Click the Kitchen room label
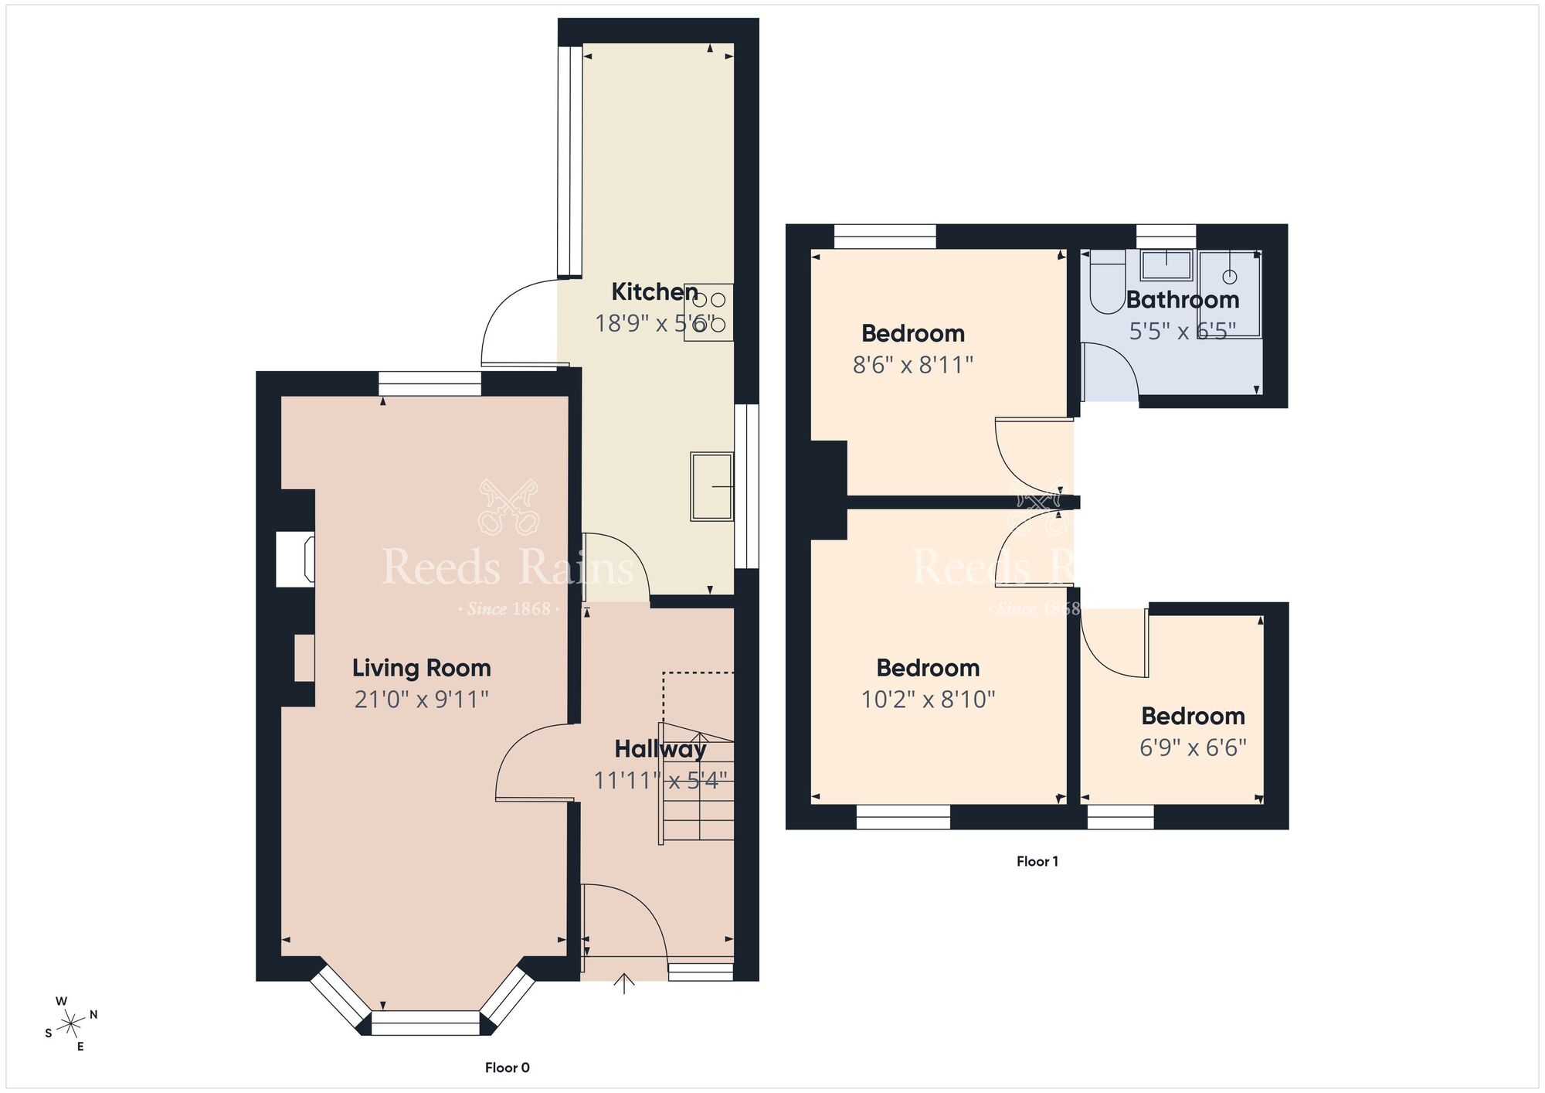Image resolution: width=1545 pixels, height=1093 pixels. click(654, 291)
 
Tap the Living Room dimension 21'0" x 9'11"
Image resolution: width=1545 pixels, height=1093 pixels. click(421, 699)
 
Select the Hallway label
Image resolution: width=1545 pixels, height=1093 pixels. click(660, 748)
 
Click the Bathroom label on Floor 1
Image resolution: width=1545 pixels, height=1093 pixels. click(1182, 299)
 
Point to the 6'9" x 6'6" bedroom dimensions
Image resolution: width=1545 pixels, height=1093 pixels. click(1193, 747)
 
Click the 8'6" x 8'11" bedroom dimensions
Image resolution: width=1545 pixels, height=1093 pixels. click(912, 364)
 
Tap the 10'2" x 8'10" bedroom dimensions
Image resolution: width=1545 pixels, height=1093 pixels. click(928, 699)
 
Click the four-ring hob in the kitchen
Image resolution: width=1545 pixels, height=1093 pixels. click(709, 312)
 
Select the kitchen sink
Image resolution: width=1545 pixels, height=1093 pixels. click(711, 486)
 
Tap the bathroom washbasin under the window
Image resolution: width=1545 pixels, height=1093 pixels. click(1166, 265)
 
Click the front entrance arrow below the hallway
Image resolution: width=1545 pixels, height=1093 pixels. click(624, 983)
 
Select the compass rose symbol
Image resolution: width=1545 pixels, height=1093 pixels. click(71, 1024)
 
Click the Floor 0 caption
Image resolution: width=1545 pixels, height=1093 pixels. click(507, 1067)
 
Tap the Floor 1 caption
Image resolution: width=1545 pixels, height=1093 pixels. click(1037, 861)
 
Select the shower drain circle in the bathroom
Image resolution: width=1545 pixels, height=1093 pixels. click(1230, 276)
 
